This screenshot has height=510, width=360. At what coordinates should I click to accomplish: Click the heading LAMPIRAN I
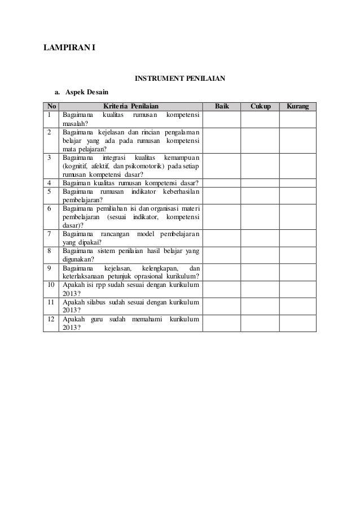tap(69, 47)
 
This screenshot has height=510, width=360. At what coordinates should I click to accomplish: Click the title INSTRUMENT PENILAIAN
tap(179, 78)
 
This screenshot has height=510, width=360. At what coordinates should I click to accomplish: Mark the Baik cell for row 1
tap(222, 119)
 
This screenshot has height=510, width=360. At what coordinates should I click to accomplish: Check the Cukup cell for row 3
tap(260, 165)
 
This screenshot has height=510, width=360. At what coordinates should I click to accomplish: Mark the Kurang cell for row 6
tap(298, 216)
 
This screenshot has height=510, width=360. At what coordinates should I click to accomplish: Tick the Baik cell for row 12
tap(222, 323)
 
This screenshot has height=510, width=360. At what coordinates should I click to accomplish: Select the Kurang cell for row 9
tap(298, 272)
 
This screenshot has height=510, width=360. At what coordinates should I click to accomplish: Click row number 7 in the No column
tap(50, 234)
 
